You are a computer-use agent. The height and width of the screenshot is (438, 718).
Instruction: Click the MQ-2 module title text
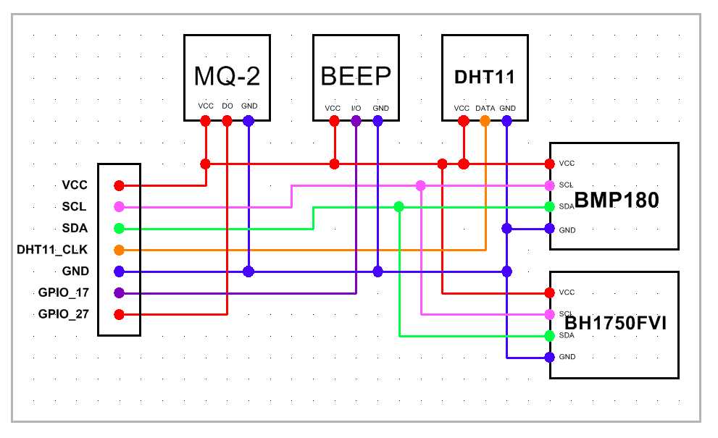[227, 75]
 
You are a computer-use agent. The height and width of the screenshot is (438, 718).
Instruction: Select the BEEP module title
[356, 75]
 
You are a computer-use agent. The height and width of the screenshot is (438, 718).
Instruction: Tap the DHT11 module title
[485, 76]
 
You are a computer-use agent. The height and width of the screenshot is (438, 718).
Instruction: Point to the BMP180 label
[617, 201]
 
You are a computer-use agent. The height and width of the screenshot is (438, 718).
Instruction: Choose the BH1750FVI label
[616, 323]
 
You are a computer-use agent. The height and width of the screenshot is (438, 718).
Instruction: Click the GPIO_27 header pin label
[63, 314]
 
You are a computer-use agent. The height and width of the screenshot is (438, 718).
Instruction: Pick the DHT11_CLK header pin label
[52, 250]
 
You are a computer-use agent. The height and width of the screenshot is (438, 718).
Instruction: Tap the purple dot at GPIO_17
[119, 292]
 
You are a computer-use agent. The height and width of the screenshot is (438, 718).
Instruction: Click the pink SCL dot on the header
[119, 207]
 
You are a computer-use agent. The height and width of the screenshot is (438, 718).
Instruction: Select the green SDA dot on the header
[119, 229]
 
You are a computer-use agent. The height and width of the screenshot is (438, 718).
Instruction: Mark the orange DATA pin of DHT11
[485, 121]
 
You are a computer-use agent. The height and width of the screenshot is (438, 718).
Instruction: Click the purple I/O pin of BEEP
[356, 121]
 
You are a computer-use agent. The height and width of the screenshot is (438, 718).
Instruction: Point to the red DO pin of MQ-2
[227, 121]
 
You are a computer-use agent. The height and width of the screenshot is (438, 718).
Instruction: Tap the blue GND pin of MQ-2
[249, 121]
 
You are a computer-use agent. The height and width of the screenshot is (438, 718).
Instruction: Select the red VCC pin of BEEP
[334, 121]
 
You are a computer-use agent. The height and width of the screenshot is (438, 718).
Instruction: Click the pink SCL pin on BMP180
[550, 185]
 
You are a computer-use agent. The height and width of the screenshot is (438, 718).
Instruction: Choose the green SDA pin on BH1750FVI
[550, 336]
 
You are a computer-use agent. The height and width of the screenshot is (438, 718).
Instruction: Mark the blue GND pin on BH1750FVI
[550, 357]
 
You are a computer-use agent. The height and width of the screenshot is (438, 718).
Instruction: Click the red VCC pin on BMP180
[550, 164]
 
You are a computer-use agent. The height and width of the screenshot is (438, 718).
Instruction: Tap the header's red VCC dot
[119, 185]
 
